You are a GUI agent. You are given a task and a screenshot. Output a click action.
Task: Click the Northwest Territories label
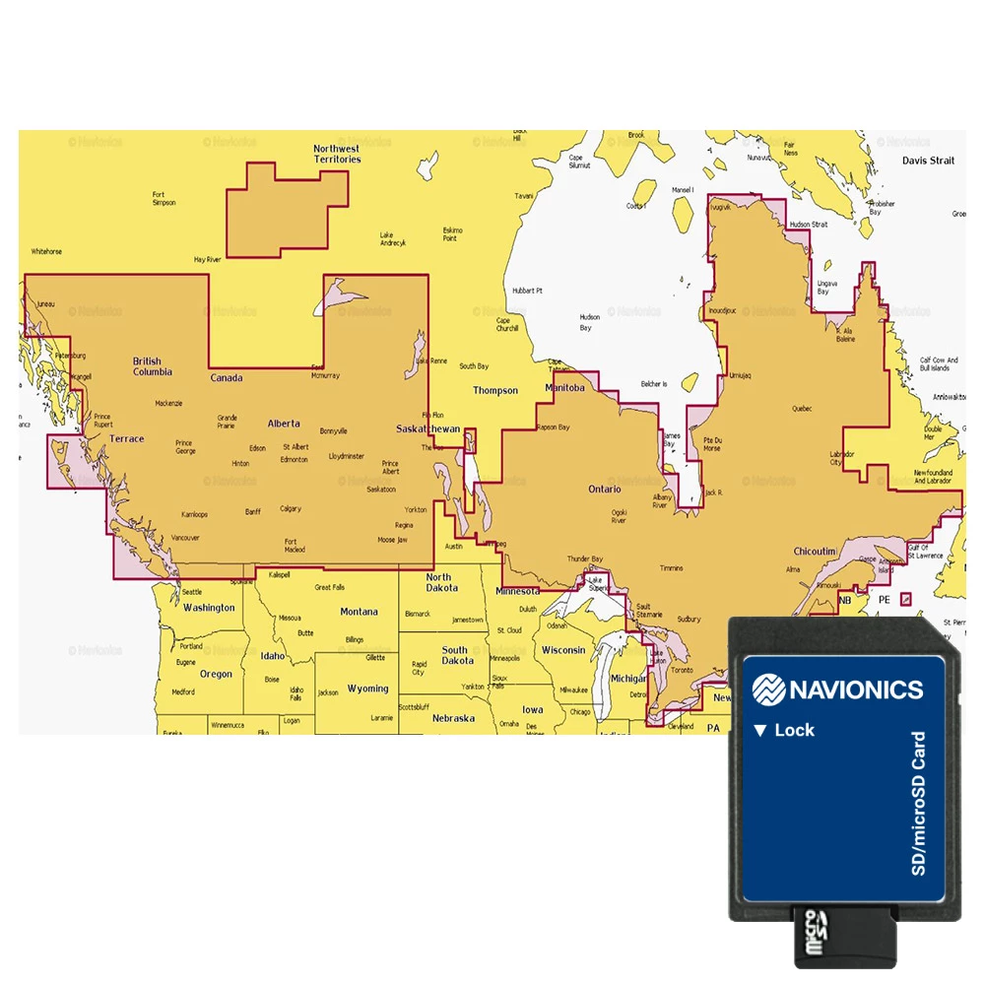coord(337,154)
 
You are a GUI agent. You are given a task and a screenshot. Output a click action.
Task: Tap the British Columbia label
coord(153,366)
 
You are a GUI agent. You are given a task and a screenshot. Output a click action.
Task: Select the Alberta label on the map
coord(284,424)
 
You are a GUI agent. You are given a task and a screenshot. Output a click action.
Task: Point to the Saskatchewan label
coord(427,429)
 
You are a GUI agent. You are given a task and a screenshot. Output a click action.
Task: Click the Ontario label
coord(605,489)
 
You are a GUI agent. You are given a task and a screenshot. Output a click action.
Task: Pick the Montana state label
coord(359,612)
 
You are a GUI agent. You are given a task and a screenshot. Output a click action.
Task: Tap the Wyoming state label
coord(368,689)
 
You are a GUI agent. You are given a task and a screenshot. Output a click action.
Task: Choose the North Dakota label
coord(441,582)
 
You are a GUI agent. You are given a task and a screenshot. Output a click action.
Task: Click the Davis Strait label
coord(928,160)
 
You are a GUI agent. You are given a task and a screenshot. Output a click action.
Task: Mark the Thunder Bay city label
coord(584,559)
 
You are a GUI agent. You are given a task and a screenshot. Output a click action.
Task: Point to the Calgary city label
coord(290,509)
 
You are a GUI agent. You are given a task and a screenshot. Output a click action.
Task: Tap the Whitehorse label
coord(46,251)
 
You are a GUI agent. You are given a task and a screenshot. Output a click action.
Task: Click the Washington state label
coord(209,608)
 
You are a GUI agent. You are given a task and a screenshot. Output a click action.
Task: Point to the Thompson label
coord(494,390)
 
